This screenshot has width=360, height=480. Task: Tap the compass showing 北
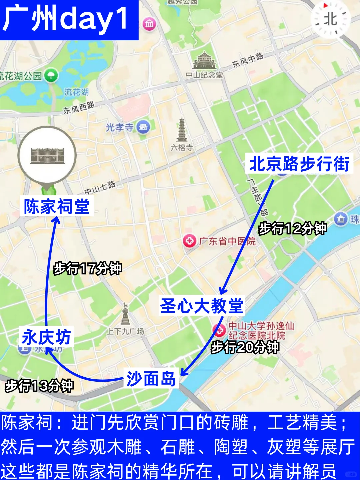click(x=330, y=19)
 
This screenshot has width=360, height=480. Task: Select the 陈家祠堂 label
click(x=57, y=206)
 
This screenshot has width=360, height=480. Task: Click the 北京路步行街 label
click(x=299, y=164)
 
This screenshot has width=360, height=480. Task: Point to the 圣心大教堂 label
click(x=202, y=305)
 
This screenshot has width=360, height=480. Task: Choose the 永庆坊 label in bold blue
click(x=46, y=337)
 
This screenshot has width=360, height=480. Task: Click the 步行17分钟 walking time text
click(x=88, y=268)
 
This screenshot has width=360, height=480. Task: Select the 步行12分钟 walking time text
click(x=292, y=229)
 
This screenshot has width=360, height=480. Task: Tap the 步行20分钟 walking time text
click(x=245, y=347)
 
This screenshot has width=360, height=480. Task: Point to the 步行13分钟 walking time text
click(x=39, y=386)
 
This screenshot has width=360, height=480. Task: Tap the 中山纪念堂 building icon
click(x=204, y=60)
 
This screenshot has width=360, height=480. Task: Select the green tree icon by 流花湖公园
click(x=51, y=75)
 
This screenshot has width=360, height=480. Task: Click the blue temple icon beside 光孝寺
click(x=143, y=127)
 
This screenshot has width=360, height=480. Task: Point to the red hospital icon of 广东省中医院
click(x=190, y=241)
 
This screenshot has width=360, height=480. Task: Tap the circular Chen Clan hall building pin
click(x=47, y=155)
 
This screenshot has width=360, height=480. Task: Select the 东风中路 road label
click(x=248, y=60)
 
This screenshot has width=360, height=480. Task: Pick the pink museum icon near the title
click(x=149, y=24)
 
